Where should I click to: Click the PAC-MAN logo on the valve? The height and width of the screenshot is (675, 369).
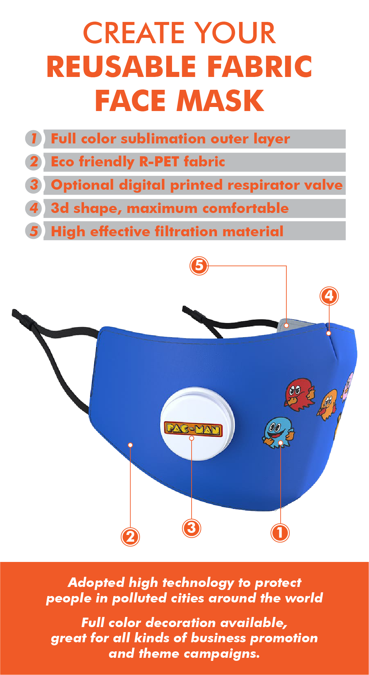click(193, 429)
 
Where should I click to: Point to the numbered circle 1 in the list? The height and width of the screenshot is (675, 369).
click(34, 138)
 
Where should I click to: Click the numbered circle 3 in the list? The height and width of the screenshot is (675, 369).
click(34, 185)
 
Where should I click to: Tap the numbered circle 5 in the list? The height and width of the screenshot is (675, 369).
click(34, 232)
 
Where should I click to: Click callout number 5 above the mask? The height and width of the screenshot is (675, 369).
click(199, 265)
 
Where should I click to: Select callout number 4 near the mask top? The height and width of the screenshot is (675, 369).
click(329, 296)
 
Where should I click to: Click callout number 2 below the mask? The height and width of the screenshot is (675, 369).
click(130, 537)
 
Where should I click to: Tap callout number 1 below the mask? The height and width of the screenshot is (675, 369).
click(280, 533)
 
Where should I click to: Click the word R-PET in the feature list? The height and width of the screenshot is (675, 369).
click(159, 162)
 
